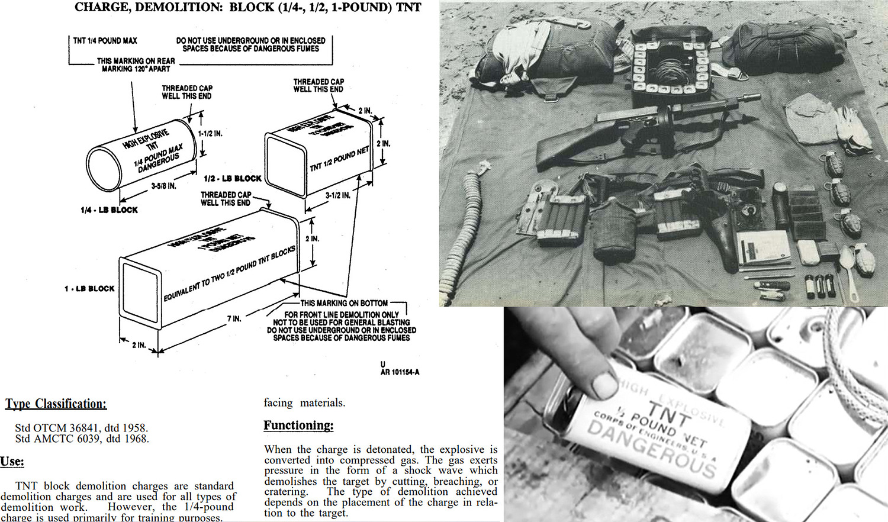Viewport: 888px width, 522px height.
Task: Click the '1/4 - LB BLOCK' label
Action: [x=109, y=210]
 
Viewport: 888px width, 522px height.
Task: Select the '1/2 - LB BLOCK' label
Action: [x=232, y=179]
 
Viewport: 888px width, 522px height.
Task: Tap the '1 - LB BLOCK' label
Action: [x=89, y=289]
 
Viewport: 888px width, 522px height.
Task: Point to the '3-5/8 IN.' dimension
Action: [x=163, y=186]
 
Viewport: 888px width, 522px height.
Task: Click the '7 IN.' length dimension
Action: [x=234, y=319]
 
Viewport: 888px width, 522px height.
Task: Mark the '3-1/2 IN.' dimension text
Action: [x=337, y=195]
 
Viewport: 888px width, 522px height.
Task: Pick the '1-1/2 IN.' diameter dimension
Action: [x=210, y=134]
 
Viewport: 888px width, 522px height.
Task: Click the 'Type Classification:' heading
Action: [x=56, y=404]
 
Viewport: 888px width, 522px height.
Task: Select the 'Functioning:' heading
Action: [x=298, y=426]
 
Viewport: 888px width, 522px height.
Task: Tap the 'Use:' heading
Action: [x=12, y=462]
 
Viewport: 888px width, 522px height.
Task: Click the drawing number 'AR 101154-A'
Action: [x=400, y=372]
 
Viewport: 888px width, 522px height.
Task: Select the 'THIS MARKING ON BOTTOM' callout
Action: [x=344, y=303]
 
